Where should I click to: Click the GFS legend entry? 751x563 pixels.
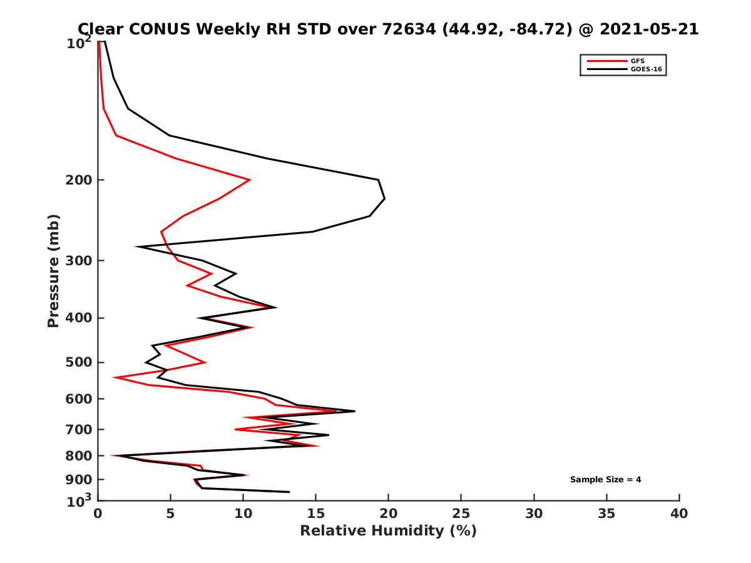(639, 61)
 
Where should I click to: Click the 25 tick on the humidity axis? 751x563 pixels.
(461, 514)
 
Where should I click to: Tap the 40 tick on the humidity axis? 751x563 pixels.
(679, 514)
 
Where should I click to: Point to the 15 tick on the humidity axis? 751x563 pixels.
(316, 514)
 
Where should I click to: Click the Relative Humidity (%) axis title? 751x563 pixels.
(388, 531)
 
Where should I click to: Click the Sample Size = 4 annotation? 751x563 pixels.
(605, 480)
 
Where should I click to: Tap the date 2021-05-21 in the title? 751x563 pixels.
(648, 29)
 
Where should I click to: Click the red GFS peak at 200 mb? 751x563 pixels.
(250, 180)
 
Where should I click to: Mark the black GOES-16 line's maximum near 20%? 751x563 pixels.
(384, 198)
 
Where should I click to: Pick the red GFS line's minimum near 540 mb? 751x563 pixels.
(114, 377)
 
